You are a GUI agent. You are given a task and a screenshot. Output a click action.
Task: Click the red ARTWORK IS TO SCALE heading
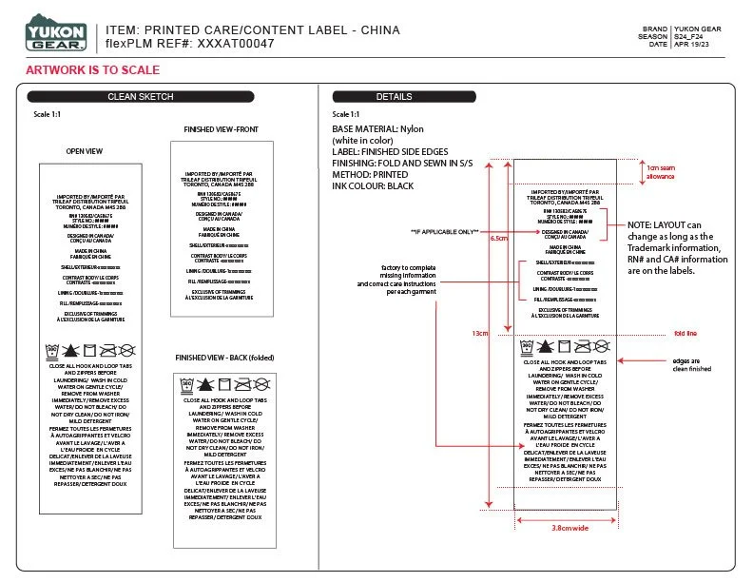click(92, 70)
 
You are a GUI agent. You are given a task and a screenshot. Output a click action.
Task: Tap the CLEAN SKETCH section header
click(141, 97)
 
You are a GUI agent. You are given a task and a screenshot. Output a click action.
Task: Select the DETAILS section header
click(395, 97)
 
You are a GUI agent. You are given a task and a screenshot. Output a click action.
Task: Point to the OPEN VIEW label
click(85, 150)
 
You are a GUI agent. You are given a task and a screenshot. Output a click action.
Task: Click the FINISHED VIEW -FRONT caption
click(221, 129)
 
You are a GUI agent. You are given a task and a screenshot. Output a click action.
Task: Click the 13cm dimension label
click(479, 334)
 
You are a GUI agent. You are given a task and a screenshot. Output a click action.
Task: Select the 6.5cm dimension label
click(497, 239)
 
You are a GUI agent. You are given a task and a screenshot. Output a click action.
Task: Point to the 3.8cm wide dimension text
click(570, 528)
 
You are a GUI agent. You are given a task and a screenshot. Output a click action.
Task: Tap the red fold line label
click(685, 334)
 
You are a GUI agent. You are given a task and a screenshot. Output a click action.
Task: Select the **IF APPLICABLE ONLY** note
click(444, 232)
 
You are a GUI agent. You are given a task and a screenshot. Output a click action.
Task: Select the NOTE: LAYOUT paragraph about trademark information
click(674, 247)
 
